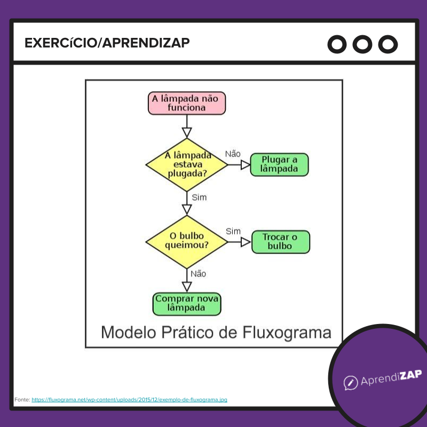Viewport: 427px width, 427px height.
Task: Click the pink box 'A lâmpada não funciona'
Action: point(187,103)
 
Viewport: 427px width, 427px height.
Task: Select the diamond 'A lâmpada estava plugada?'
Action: point(187,164)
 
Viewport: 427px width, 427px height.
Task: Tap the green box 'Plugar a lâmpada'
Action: point(279,164)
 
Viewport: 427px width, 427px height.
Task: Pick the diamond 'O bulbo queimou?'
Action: point(187,241)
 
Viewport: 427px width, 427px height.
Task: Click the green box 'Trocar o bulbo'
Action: point(280,242)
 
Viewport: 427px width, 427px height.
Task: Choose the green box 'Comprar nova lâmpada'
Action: point(187,304)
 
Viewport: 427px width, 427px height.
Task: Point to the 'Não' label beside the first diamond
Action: point(233,154)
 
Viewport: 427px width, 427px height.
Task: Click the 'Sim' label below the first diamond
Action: point(199,197)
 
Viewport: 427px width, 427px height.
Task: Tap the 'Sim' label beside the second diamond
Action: point(233,231)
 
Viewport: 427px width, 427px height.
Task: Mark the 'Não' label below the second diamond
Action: point(198,274)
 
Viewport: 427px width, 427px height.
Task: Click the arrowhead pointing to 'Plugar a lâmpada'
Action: point(246,165)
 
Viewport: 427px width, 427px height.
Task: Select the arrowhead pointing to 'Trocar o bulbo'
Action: point(246,242)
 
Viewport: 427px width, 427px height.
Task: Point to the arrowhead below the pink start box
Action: point(187,132)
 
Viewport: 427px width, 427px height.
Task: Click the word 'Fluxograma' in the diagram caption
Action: point(287,333)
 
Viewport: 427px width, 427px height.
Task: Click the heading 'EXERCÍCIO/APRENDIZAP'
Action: point(107,43)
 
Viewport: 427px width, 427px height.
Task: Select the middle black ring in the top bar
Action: point(363,44)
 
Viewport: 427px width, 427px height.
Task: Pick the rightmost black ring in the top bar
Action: point(388,44)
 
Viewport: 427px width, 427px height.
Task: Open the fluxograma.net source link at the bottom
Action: point(129,399)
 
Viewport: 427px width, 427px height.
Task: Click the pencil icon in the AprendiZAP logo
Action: point(350,382)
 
